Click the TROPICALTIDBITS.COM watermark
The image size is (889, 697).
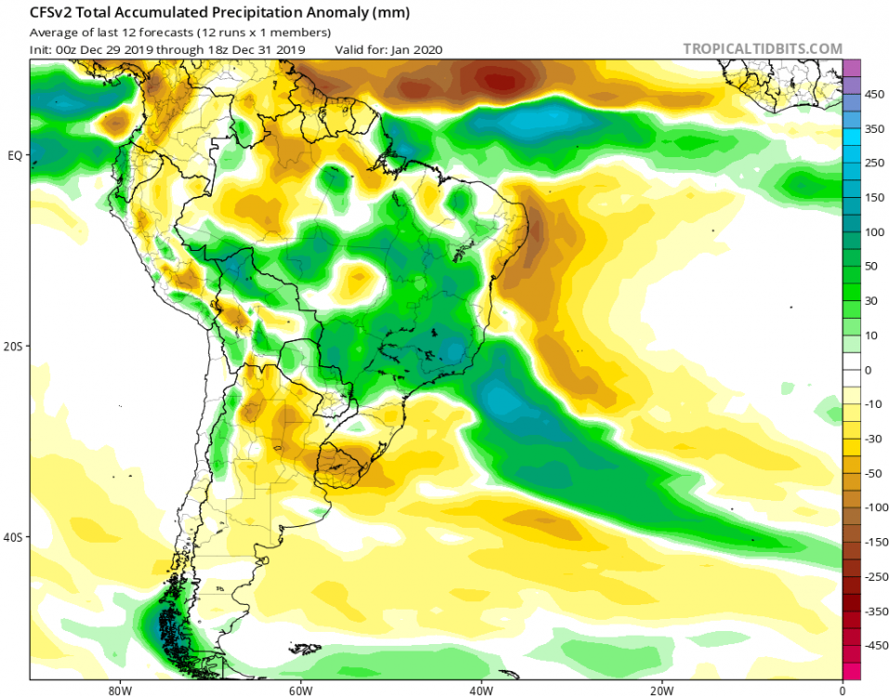[x=763, y=48]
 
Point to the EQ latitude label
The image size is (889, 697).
[x=14, y=155]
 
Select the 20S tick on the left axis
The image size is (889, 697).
[x=14, y=346]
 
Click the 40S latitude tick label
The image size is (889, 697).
[x=14, y=537]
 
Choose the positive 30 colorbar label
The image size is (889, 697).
[x=872, y=301]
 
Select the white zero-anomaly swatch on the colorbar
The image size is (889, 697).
[x=851, y=370]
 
